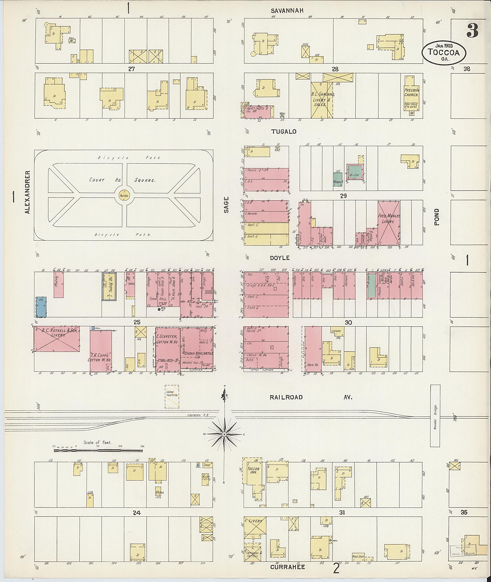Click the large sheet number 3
pyautogui.click(x=473, y=31)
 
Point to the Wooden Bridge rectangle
pyautogui.click(x=435, y=416)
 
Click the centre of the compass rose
pyautogui.click(x=224, y=434)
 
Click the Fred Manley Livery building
pyautogui.click(x=389, y=223)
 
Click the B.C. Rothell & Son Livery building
pyautogui.click(x=57, y=339)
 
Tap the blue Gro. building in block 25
pyautogui.click(x=41, y=307)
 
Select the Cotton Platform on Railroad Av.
pyautogui.click(x=172, y=397)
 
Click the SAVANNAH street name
pyautogui.click(x=287, y=11)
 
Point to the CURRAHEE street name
pyautogui.click(x=287, y=567)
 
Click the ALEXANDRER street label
pyautogui.click(x=27, y=192)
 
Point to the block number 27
pyautogui.click(x=131, y=69)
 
